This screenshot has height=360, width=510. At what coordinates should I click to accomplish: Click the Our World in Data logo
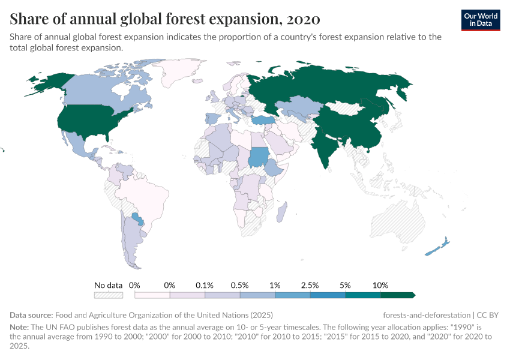pos(480,19)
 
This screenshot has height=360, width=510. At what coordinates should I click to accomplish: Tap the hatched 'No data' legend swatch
pos(109,295)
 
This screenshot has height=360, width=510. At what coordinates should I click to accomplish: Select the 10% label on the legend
pos(380,285)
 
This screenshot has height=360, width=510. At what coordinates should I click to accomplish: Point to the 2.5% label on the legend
pos(310,285)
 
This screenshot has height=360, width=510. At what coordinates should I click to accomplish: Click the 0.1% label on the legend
pos(205,285)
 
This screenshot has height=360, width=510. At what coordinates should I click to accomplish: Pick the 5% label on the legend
pos(345,285)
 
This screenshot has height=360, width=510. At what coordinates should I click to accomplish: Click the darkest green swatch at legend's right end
pos(397,295)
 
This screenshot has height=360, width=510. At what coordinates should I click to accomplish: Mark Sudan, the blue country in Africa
pos(259,157)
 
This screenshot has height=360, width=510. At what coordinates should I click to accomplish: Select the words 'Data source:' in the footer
pos(31,315)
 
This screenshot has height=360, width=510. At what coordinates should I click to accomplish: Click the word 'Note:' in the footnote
pos(21,328)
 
